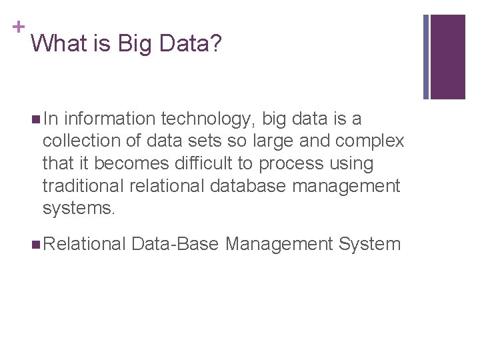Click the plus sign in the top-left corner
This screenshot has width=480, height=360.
click(x=17, y=27)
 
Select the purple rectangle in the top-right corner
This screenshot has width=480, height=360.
click(x=447, y=57)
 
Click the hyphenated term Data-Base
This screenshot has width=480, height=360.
click(x=175, y=244)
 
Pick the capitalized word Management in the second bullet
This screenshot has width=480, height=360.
click(x=279, y=245)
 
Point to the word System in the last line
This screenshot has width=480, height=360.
click(x=369, y=245)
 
